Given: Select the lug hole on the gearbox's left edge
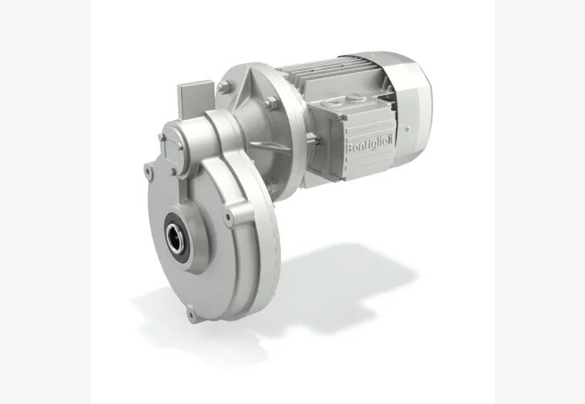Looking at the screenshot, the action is (148, 172).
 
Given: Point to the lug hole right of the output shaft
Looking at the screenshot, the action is (228, 217).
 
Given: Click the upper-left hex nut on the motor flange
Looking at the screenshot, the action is (223, 88).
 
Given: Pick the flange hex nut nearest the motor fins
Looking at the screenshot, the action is (271, 103).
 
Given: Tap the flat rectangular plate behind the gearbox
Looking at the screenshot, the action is (195, 98).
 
